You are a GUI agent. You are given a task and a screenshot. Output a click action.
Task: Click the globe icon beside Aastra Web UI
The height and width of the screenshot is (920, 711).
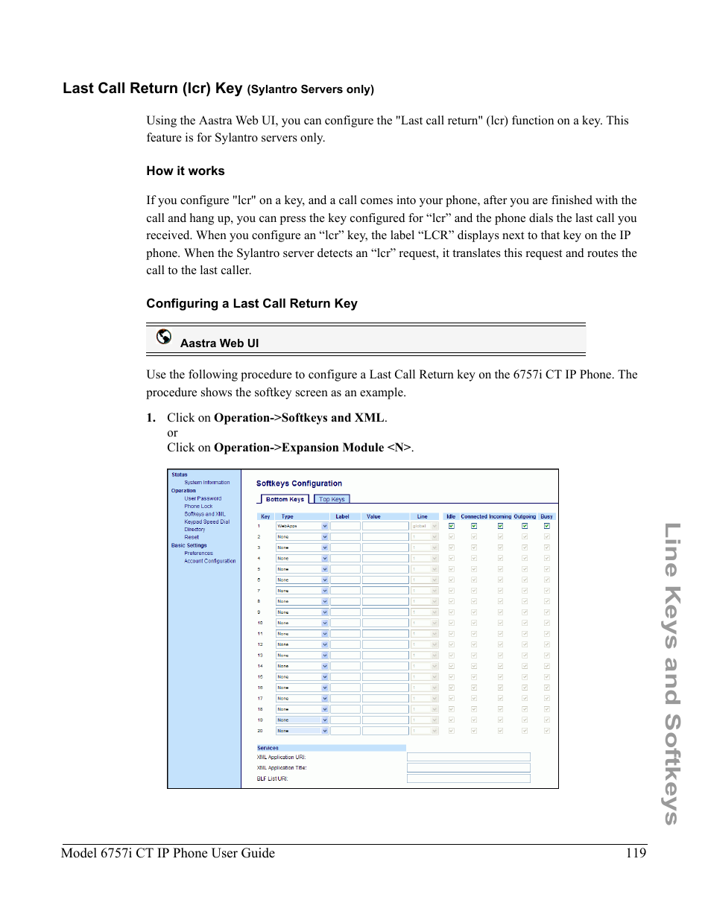[164, 337]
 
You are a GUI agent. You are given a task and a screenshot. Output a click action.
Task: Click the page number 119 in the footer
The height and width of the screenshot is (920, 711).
[636, 853]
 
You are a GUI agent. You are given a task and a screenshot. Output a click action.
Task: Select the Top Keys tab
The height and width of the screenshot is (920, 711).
[332, 499]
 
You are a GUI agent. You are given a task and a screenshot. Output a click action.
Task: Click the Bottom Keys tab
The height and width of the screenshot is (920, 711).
[284, 499]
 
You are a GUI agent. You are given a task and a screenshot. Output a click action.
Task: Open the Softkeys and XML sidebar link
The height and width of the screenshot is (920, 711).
[205, 514]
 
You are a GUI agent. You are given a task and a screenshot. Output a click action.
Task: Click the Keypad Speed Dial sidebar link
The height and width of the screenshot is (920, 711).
[207, 521]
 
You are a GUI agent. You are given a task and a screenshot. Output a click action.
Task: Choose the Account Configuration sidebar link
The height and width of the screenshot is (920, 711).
[210, 561]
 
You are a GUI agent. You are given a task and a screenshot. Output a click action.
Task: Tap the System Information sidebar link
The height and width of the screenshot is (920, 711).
[207, 483]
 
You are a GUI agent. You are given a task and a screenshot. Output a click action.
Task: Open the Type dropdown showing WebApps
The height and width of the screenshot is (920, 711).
[302, 526]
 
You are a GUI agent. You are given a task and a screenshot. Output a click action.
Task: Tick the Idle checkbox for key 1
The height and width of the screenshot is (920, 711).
[451, 526]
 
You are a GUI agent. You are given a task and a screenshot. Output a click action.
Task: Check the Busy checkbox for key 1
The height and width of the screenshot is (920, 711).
[546, 526]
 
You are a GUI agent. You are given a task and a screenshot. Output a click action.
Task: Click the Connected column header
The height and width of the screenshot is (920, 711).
[473, 516]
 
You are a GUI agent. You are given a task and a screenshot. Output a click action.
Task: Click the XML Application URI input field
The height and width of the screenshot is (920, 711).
[468, 757]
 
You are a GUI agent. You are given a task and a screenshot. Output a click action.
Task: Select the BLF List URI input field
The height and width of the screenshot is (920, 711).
[468, 778]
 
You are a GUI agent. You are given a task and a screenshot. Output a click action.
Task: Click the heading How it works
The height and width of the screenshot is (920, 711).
[185, 171]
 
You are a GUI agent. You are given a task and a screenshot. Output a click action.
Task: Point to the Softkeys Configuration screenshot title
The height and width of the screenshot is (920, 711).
[299, 483]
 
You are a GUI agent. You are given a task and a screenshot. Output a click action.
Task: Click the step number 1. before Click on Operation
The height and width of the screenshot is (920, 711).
[151, 418]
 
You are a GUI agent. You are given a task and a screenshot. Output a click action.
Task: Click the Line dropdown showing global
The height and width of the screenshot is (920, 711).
[424, 526]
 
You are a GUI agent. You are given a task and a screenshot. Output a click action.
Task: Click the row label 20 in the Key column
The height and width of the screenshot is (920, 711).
[260, 731]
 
